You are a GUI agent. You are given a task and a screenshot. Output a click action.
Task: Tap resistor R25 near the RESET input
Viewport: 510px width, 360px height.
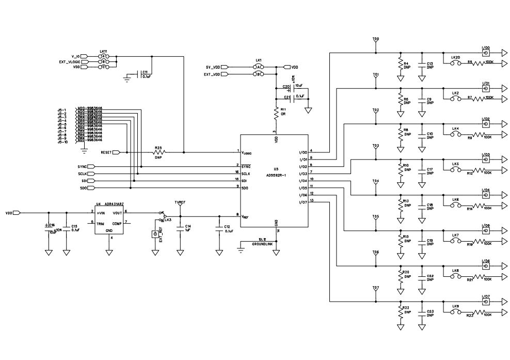pyautogui.click(x=158, y=152)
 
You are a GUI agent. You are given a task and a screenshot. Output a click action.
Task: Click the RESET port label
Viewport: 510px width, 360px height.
pyautogui.click(x=106, y=152)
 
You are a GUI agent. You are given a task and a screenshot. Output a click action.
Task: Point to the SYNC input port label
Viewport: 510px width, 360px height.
pyautogui.click(x=82, y=167)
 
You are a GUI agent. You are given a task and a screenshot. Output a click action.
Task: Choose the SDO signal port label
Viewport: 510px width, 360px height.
pyautogui.click(x=83, y=189)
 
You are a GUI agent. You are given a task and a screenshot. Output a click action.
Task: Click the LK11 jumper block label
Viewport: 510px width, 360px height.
pyautogui.click(x=103, y=52)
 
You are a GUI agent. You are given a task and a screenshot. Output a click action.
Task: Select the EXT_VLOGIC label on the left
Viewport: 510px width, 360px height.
pyautogui.click(x=69, y=61)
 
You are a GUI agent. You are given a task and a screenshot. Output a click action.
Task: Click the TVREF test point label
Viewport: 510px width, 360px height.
pyautogui.click(x=181, y=203)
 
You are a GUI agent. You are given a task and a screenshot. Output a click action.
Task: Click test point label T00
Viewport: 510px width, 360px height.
pyautogui.click(x=375, y=39)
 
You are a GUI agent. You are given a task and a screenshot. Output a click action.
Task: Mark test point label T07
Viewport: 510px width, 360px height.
pyautogui.click(x=375, y=287)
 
